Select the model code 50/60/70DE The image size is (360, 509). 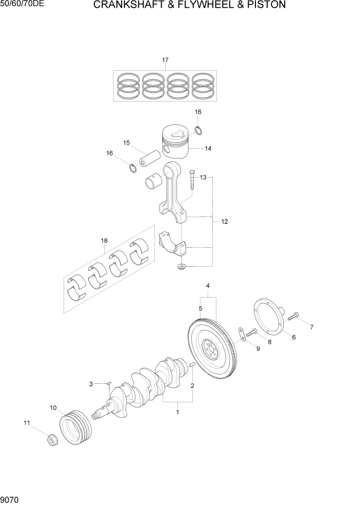click(24, 5)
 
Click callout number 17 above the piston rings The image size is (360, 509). click(165, 61)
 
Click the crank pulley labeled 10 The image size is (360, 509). click(76, 429)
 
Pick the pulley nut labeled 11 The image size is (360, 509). click(51, 440)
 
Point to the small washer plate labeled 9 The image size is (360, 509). click(240, 333)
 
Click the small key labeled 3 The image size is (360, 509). click(108, 382)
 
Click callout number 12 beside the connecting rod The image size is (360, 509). click(225, 222)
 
